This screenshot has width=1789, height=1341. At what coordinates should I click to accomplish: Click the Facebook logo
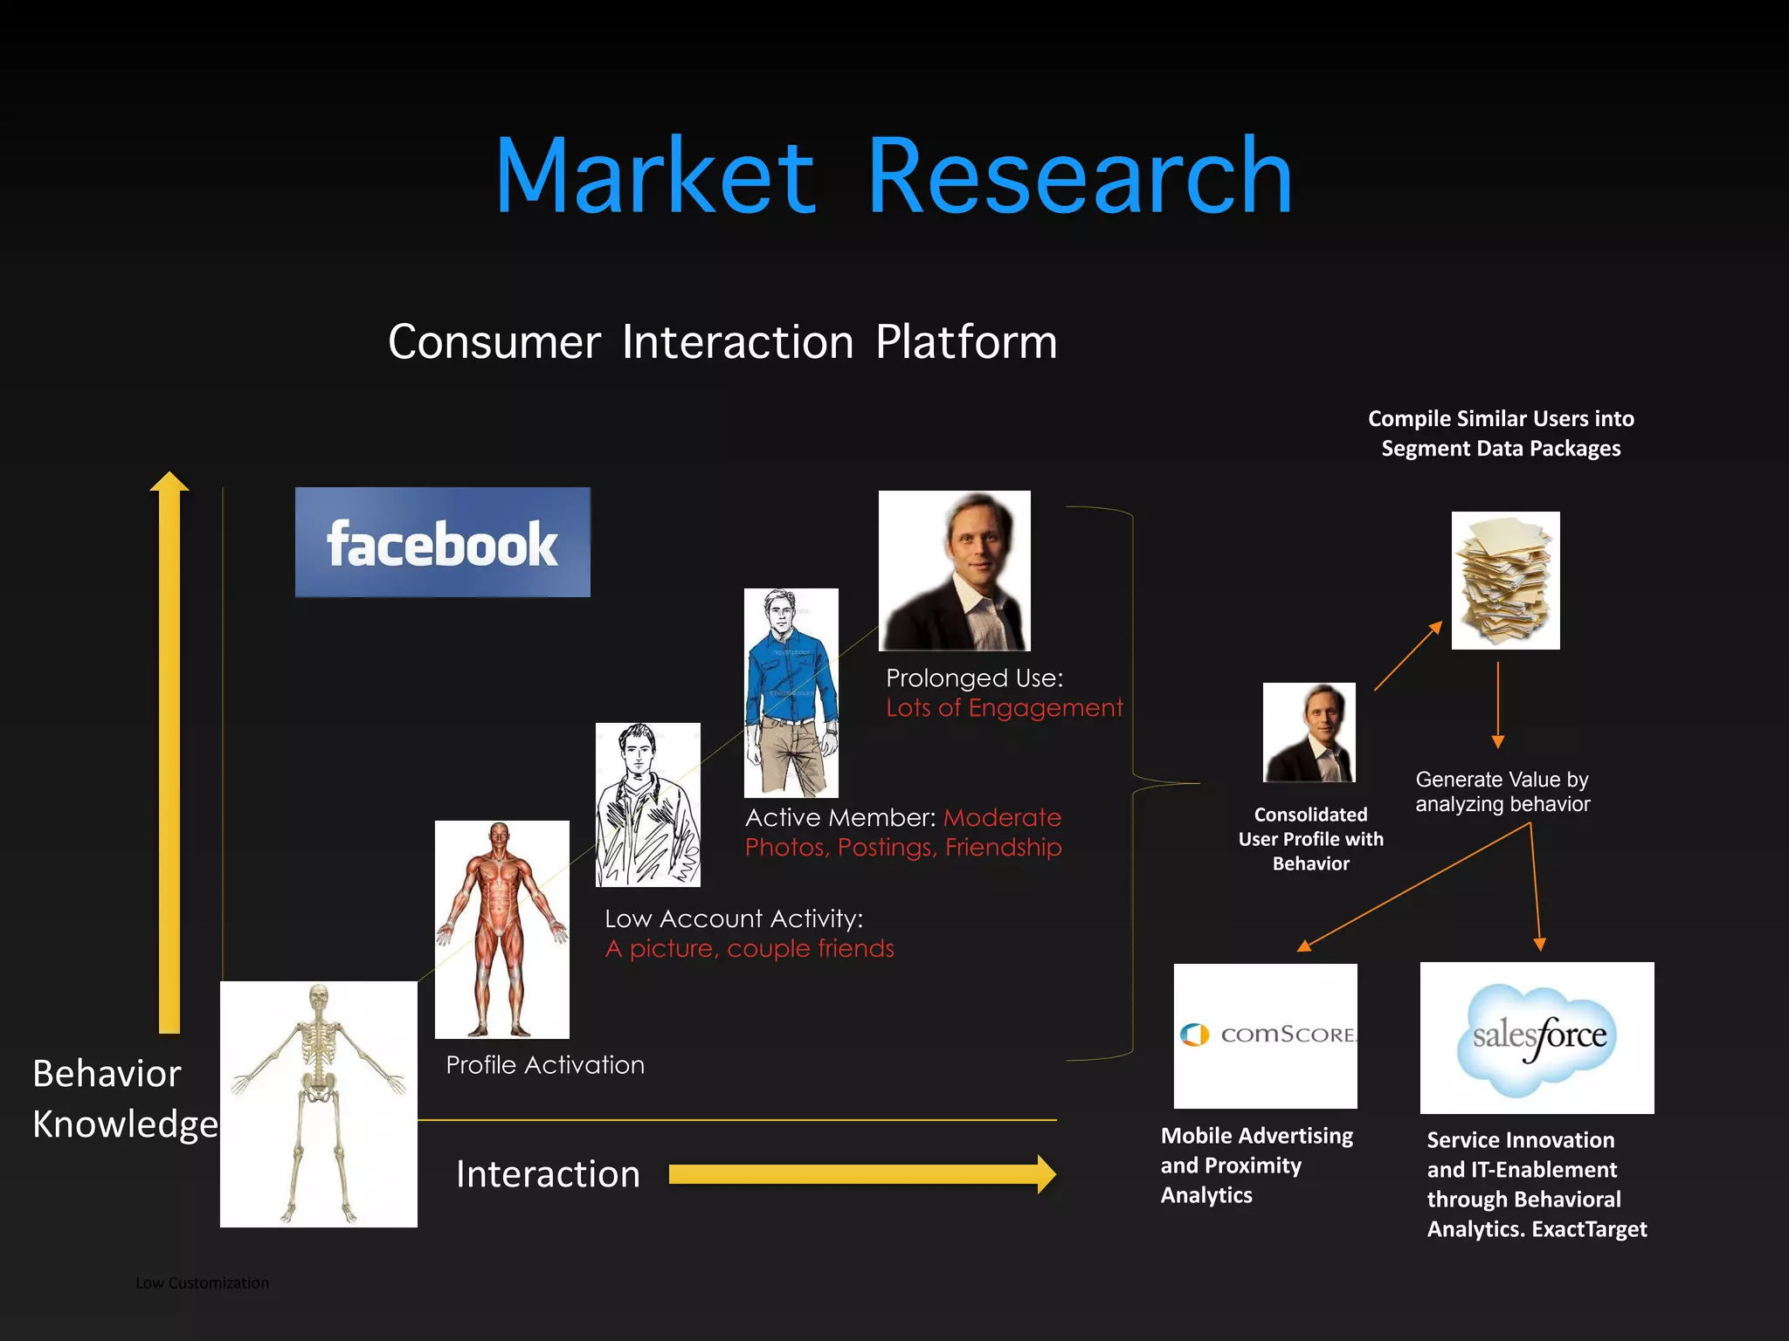coord(442,542)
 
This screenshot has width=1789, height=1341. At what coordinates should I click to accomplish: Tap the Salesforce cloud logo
coord(1537,1037)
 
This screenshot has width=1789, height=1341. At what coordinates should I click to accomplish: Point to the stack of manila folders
coord(1505,581)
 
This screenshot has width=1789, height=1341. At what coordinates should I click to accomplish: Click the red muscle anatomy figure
coord(501,928)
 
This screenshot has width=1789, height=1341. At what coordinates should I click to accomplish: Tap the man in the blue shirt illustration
coord(791,692)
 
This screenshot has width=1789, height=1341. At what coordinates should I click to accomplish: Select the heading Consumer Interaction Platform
coord(722,341)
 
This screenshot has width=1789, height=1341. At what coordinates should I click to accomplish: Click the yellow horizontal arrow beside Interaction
coord(861,1174)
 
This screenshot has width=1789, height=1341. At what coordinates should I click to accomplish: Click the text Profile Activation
coord(545,1065)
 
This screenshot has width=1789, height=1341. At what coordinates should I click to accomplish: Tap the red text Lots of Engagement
coord(1005,708)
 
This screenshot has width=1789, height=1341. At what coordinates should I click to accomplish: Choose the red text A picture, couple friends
coord(750,949)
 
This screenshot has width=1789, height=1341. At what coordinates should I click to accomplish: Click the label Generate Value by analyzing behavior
coord(1502,792)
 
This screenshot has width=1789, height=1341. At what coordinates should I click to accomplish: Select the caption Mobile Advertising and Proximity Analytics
coord(1256,1166)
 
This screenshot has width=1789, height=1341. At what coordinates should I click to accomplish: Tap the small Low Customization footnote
coord(202,1283)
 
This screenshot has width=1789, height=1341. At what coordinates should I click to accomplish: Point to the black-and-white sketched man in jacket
coord(647,804)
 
